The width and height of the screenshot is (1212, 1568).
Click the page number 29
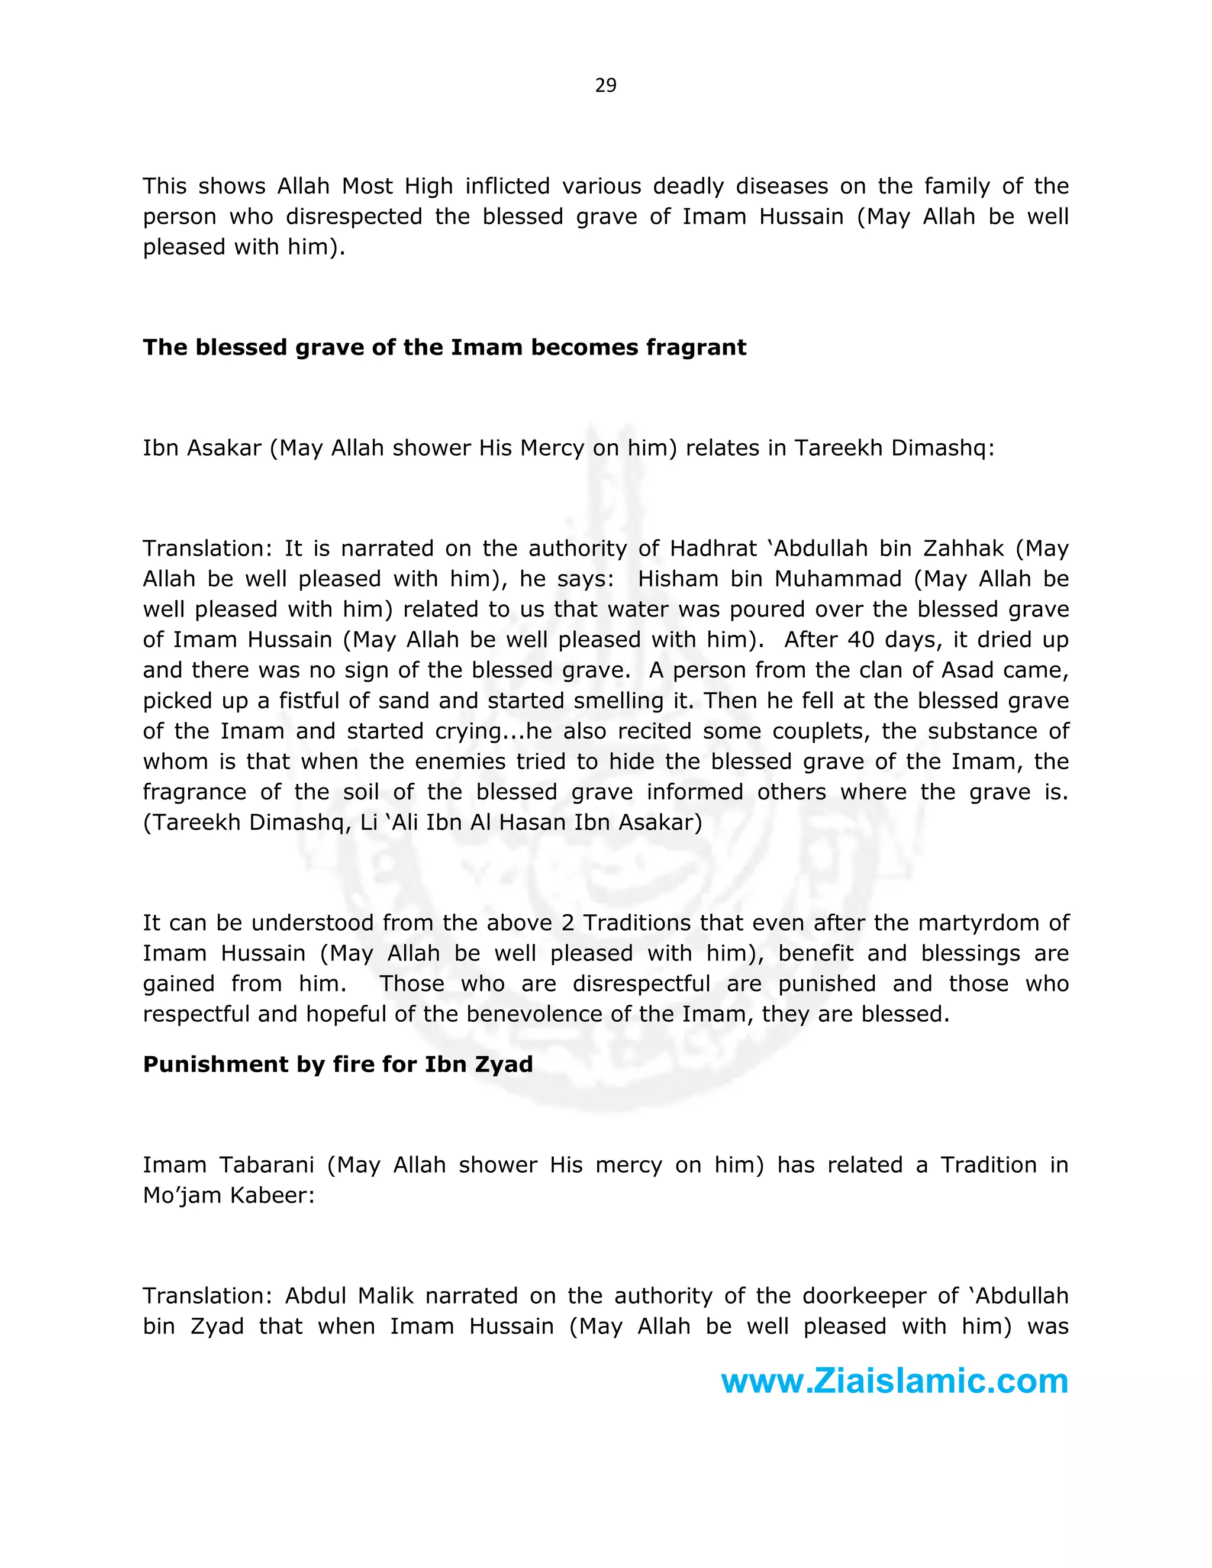[x=605, y=85]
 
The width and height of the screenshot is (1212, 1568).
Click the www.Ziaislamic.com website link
[x=894, y=1380]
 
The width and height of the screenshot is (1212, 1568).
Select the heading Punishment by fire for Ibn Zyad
[x=337, y=1064]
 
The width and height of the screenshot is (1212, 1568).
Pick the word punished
[x=826, y=983]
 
